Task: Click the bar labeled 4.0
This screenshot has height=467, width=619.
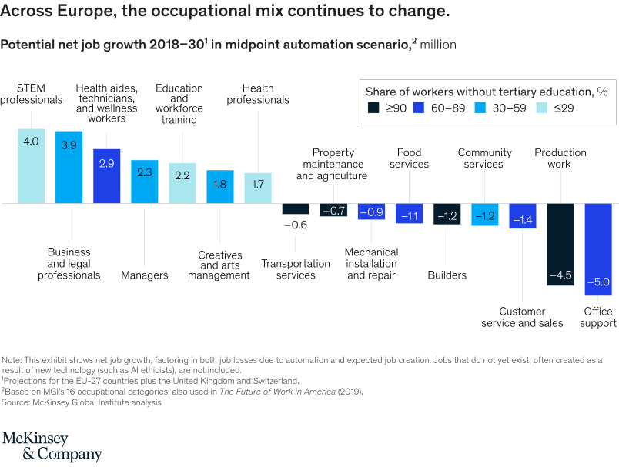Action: pos(32,165)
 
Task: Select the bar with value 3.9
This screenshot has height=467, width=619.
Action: pos(69,167)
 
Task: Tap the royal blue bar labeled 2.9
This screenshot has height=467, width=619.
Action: pos(107,175)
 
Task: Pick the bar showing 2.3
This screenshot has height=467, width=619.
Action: pos(145,182)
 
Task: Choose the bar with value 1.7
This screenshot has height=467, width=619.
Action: pos(258,188)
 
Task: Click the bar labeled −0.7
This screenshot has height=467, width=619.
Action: pos(333,210)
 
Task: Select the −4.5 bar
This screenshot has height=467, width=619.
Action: pos(560,245)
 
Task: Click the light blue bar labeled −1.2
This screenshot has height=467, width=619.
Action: pos(485,215)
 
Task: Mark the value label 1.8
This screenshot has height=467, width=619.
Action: pos(220,184)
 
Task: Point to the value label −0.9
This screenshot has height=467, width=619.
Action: pos(371,212)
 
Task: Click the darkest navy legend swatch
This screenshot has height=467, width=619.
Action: pos(373,108)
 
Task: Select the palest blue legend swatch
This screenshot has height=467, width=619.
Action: pos(541,108)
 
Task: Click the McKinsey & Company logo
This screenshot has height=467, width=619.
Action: pos(52,446)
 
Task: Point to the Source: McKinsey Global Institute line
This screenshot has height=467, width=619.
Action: pos(82,402)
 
